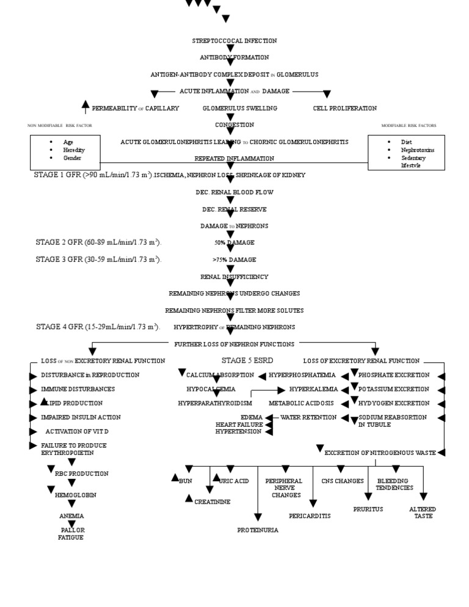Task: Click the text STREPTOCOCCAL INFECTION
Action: pos(234,41)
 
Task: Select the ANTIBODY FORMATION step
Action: pos(234,57)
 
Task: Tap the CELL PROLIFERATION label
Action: pos(344,108)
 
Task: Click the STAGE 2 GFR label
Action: pos(98,242)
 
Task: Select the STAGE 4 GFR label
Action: pos(98,327)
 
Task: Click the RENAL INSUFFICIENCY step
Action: pos(234,277)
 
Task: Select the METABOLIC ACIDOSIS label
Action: pos(302,404)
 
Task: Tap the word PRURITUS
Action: pos(368,509)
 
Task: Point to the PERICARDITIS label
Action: pos(310,516)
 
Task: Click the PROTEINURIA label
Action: pos(258,530)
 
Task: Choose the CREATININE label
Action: pos(213,502)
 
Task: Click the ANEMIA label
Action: pos(71,516)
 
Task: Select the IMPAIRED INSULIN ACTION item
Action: pos(81,418)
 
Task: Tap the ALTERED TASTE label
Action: pos(423,512)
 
